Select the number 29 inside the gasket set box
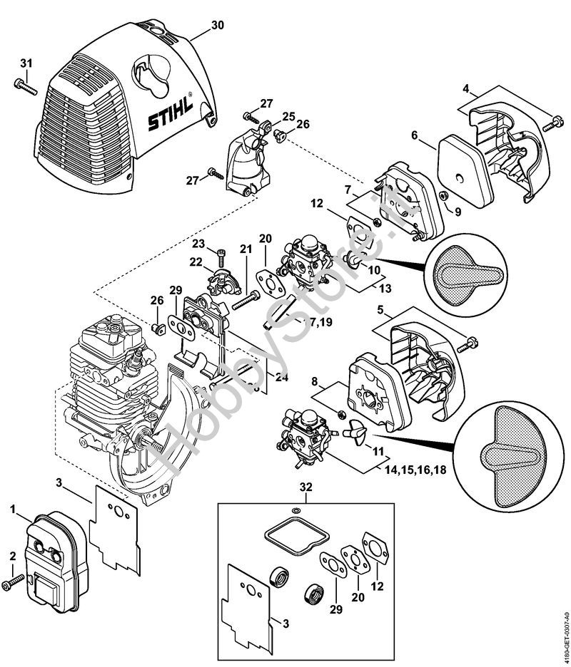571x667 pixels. click(x=335, y=610)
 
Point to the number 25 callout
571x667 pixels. click(x=288, y=116)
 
